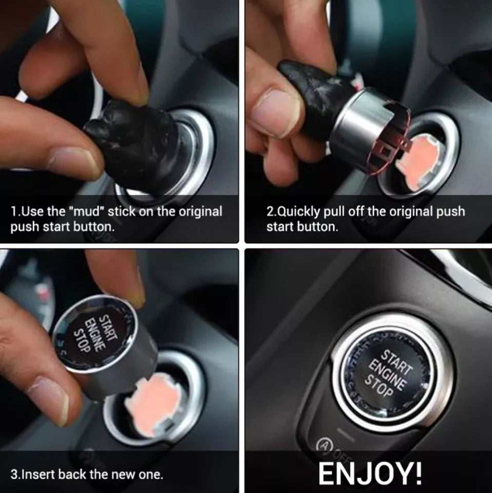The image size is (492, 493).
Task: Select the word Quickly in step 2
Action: [x=299, y=211]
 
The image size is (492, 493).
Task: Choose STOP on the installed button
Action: [x=379, y=385]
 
